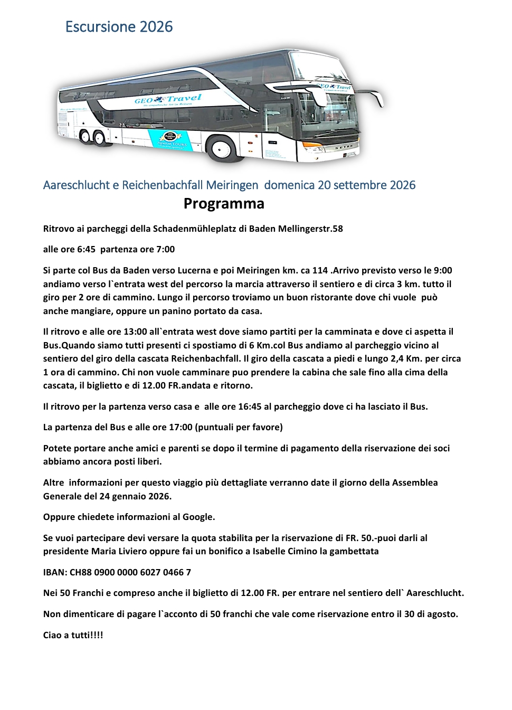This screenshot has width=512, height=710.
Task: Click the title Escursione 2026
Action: click(119, 27)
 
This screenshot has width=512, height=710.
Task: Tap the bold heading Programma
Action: click(224, 204)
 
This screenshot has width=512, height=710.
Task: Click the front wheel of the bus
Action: click(221, 148)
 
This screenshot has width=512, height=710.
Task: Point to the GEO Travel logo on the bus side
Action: click(168, 99)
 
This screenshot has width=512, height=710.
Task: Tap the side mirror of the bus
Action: click(376, 98)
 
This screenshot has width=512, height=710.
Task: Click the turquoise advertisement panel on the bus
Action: click(169, 140)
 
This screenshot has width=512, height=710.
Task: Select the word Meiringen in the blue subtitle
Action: click(232, 185)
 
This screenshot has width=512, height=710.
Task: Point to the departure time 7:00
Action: click(166, 249)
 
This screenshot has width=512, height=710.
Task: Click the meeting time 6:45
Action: click(86, 249)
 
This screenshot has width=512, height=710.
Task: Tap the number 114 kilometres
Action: click(320, 270)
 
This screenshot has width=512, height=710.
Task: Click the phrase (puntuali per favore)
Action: click(239, 427)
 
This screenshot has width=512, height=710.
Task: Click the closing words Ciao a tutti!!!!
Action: click(73, 635)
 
